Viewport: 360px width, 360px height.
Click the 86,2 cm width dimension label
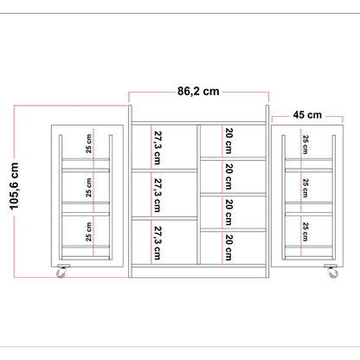coord(198,92)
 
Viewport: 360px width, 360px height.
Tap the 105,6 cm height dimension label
coord(14,186)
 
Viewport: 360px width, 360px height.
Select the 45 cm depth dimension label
coord(307,115)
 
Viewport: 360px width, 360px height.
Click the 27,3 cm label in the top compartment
coord(157,148)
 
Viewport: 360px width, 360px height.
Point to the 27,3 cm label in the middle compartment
coord(157,196)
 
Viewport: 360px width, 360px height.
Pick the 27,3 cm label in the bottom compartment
coord(157,243)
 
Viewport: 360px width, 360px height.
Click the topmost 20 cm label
coord(228,141)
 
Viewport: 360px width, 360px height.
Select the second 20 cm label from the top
coord(228,177)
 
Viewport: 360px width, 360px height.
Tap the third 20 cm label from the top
coord(228,212)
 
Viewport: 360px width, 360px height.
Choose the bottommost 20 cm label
coord(228,247)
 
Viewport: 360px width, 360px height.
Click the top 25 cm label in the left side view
coord(88,144)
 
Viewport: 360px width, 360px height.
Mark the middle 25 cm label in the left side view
coord(88,188)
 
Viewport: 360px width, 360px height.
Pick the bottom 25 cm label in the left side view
coord(88,232)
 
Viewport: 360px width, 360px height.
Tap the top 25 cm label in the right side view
coord(305,145)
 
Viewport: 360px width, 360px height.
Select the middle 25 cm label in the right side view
coord(305,188)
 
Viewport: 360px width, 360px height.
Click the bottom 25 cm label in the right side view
coord(305,232)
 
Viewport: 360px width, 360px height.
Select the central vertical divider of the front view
coord(198,195)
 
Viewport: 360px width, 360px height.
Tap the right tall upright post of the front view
coord(267,191)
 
